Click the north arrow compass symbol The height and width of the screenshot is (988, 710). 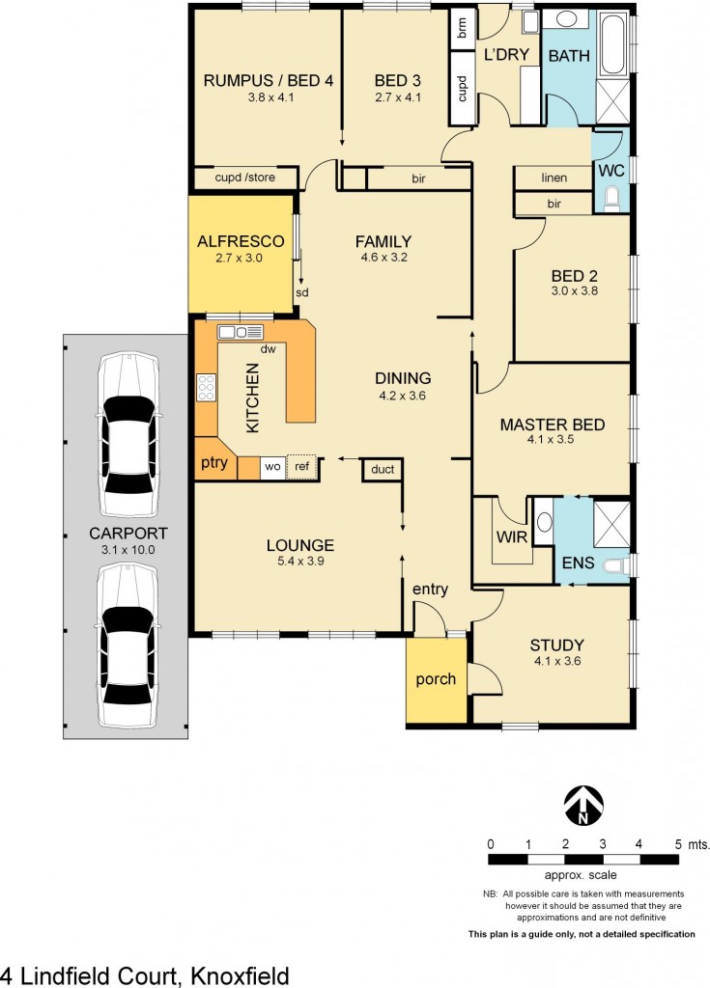click(583, 804)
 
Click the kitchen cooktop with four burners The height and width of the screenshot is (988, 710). click(207, 388)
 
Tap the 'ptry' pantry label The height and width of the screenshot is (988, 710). click(213, 462)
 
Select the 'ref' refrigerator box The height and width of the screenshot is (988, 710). click(302, 467)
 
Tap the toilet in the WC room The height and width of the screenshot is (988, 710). click(611, 200)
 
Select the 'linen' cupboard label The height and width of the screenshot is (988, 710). click(554, 178)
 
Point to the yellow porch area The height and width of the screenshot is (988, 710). click(436, 679)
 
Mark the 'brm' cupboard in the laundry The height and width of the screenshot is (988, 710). click(462, 29)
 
